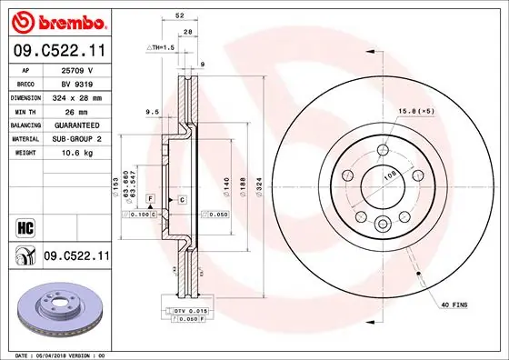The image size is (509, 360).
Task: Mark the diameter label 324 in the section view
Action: coord(260,185)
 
